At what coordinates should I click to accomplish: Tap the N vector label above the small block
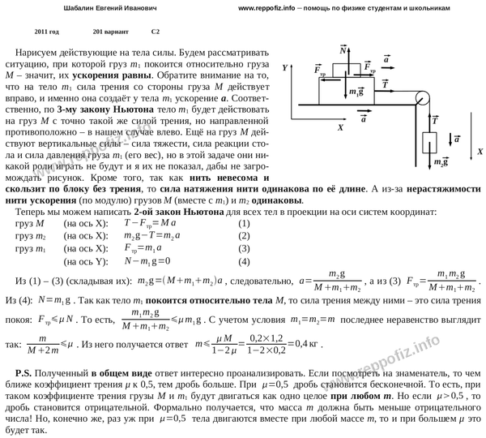pos(343,49)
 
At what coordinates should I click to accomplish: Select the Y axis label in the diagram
pos(286,71)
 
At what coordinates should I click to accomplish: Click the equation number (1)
pos(244,223)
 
